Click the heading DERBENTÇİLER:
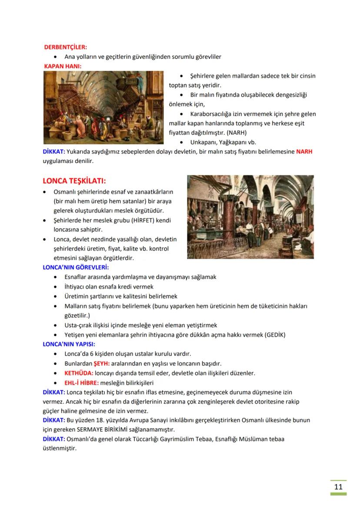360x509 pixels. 65,47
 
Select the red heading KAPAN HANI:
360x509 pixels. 63,66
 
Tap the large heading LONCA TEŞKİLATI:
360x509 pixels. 74,181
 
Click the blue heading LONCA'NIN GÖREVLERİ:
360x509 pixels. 76,267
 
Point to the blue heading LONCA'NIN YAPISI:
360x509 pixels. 69,344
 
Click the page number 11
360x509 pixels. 338,486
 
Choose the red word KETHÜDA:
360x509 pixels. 79,373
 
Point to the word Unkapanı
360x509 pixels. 206,142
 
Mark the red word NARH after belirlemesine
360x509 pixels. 304,152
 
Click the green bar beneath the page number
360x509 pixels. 338,494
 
